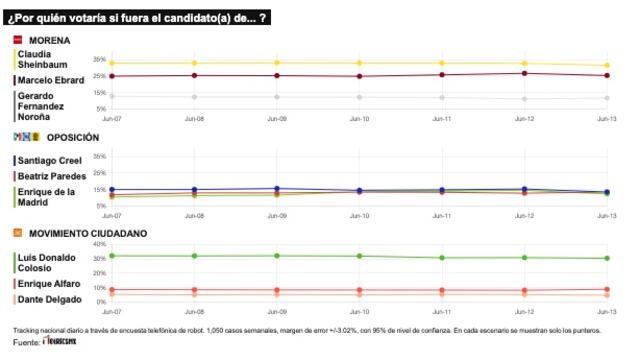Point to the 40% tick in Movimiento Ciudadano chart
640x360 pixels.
[x=99, y=244]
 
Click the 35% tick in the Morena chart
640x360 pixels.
[x=99, y=59]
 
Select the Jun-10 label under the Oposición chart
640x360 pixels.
[x=359, y=214]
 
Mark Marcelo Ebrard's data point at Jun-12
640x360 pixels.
[x=525, y=73]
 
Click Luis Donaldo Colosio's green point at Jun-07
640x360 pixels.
[x=112, y=255]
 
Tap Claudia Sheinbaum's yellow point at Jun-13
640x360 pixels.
[x=607, y=66]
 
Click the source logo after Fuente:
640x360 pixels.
[x=59, y=343]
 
